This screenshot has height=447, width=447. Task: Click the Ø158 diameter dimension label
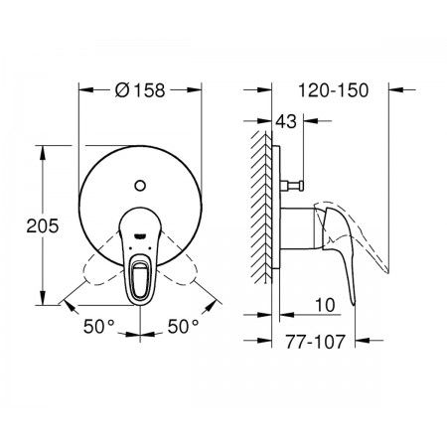[140, 90]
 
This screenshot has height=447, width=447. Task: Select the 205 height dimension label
[43, 226]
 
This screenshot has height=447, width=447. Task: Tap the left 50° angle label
[99, 327]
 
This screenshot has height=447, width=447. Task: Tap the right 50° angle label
[183, 327]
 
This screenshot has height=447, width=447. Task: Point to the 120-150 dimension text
[334, 90]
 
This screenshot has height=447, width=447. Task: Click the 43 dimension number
[286, 121]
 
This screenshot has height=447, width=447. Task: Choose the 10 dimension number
[325, 305]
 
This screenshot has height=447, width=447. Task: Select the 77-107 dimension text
[316, 342]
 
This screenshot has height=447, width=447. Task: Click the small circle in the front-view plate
[140, 186]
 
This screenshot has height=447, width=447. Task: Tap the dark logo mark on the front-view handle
[140, 235]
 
